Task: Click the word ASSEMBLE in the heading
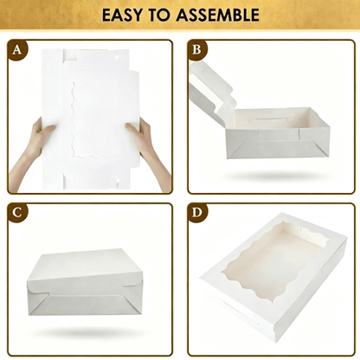(218, 15)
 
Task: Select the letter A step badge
(17, 49)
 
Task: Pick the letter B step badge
(196, 49)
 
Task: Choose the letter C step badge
(17, 213)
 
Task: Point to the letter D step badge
(196, 213)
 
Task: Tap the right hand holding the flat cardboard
(149, 150)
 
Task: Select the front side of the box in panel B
(278, 144)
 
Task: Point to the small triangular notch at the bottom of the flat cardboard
(118, 181)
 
